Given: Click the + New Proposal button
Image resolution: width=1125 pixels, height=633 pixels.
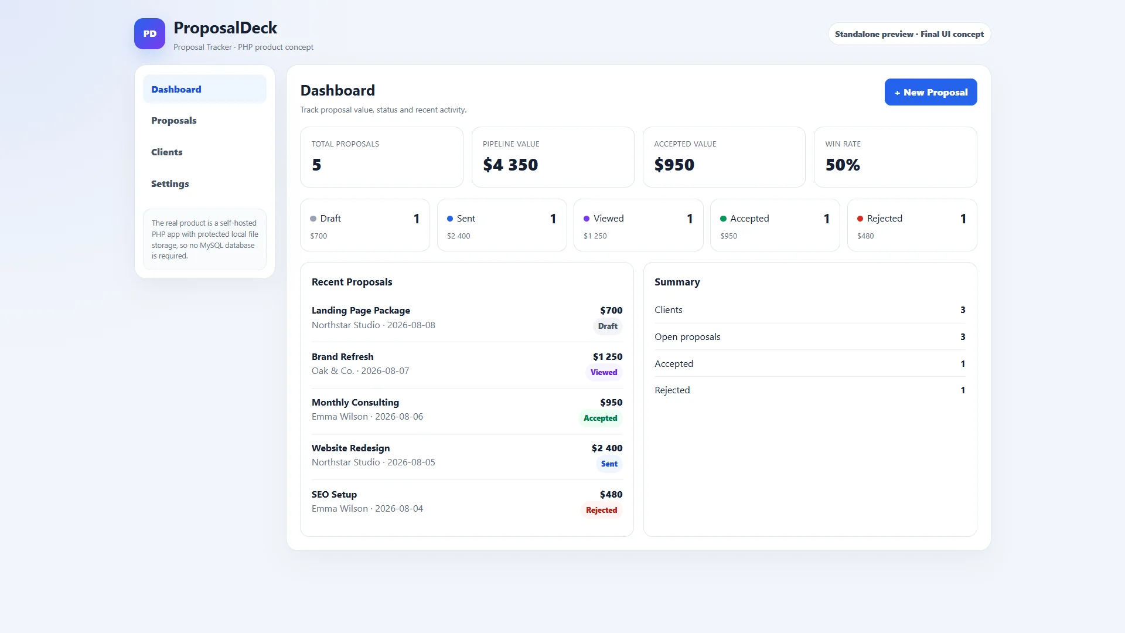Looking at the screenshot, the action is (x=930, y=92).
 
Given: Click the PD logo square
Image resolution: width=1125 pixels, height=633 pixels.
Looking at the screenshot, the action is (x=149, y=33).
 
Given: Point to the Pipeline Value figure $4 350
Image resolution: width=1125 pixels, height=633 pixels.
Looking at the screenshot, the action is (x=510, y=165).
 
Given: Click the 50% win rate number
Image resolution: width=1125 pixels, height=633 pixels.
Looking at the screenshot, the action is (x=843, y=165).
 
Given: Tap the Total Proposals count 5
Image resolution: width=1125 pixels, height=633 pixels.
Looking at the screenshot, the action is (x=316, y=165).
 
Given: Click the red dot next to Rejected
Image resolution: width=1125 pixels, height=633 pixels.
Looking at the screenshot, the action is (x=860, y=219).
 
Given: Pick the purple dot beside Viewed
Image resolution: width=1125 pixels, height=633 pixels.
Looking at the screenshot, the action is (x=587, y=219).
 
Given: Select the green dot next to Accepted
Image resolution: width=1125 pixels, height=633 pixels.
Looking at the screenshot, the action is (x=723, y=219).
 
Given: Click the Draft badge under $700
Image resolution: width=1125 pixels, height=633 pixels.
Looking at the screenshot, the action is (x=608, y=326).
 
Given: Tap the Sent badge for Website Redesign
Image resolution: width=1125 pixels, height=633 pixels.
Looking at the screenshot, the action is (x=609, y=464).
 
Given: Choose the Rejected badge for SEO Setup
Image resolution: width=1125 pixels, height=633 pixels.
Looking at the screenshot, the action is (x=601, y=510).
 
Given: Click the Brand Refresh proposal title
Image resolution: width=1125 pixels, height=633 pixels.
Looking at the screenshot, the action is (x=342, y=356).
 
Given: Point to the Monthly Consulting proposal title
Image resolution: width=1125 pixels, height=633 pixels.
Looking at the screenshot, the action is (x=355, y=402).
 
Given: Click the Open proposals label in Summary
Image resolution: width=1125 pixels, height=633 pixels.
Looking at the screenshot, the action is (x=687, y=336).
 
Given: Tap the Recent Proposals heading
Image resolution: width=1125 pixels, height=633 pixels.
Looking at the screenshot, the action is (x=352, y=282).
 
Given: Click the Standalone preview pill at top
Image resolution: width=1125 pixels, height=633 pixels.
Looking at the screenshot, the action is (x=909, y=34).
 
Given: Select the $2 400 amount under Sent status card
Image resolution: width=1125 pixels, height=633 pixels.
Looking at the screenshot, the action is (x=458, y=236).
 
